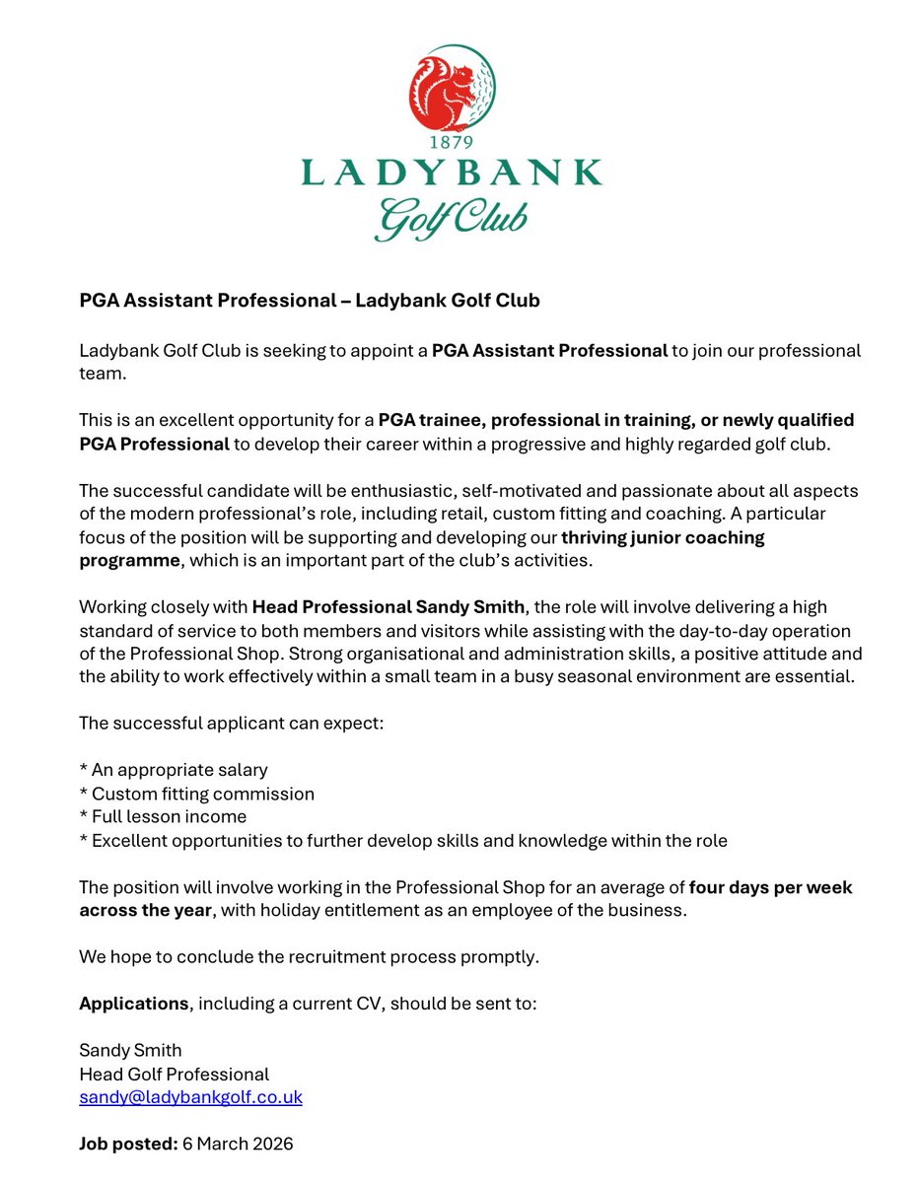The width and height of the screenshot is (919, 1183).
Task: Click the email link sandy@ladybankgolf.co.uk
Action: [190, 1096]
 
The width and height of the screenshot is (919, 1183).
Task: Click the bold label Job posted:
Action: [127, 1145]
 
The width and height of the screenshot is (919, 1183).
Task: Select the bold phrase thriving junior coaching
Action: [663, 537]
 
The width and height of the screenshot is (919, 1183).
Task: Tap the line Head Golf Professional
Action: [174, 1074]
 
